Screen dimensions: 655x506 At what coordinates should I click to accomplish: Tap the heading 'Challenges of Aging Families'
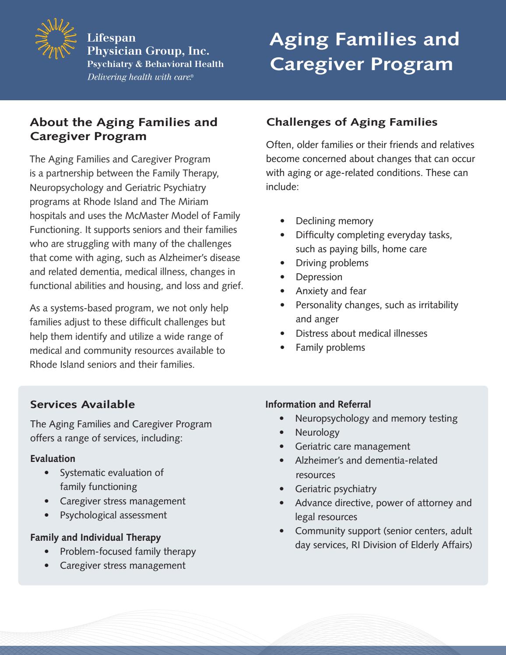pos(352,122)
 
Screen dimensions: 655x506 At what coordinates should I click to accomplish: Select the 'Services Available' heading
pos(82,404)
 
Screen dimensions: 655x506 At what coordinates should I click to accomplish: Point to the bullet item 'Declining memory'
pos(334,221)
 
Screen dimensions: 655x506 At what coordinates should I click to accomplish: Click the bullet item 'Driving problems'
pos(332,263)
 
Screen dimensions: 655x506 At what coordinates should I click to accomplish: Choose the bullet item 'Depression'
pos(319,277)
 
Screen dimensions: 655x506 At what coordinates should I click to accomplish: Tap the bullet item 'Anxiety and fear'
pos(331,291)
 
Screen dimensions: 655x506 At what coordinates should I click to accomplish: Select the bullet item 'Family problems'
pos(330,347)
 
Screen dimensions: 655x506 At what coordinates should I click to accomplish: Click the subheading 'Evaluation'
pos(53,458)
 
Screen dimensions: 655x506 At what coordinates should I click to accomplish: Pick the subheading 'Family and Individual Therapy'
pos(95,537)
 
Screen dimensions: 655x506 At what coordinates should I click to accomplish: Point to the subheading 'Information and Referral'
pos(318,404)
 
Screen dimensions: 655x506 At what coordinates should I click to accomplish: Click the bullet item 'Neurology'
pos(317,432)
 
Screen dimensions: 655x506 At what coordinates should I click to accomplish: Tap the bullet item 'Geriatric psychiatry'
pos(335,489)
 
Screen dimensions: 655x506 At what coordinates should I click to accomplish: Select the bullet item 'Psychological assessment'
pos(113,515)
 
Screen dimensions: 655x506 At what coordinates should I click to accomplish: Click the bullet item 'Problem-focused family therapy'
pos(128,551)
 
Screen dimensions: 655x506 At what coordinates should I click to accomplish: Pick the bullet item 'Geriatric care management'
pos(352,446)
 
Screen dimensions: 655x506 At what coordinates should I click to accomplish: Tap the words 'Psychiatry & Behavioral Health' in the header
pos(155,64)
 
